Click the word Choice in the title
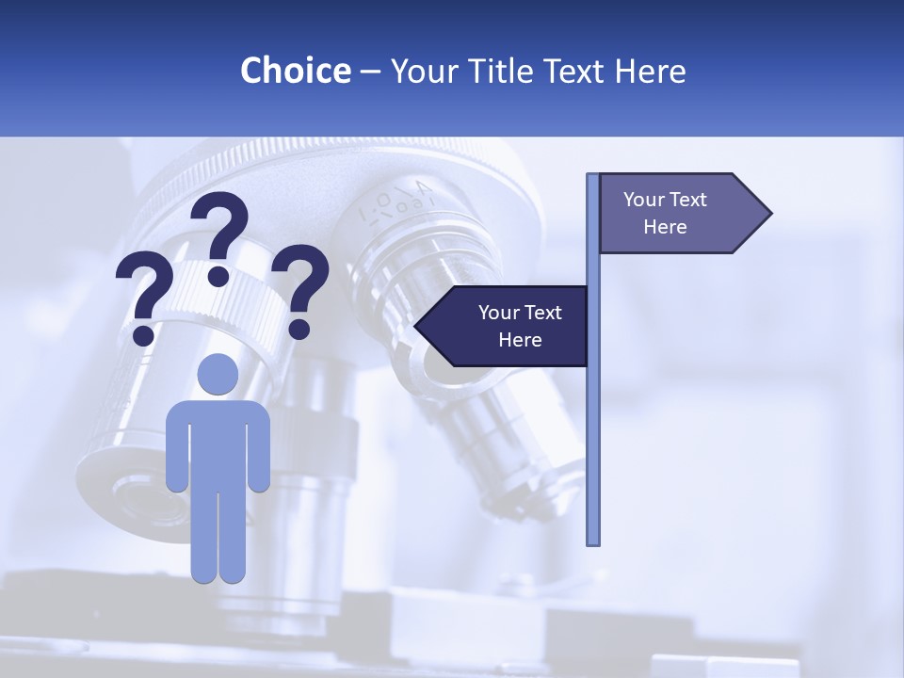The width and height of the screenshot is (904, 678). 295,71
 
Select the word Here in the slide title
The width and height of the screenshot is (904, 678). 650,71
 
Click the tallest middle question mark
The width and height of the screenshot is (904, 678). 220,231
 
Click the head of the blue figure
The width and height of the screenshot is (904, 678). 218,375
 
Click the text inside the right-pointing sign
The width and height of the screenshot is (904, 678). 665,213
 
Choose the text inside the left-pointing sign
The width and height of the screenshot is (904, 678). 520,326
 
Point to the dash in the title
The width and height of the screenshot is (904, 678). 370,72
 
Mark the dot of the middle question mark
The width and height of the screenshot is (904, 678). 218,276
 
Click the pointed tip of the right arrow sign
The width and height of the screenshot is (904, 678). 769,214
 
